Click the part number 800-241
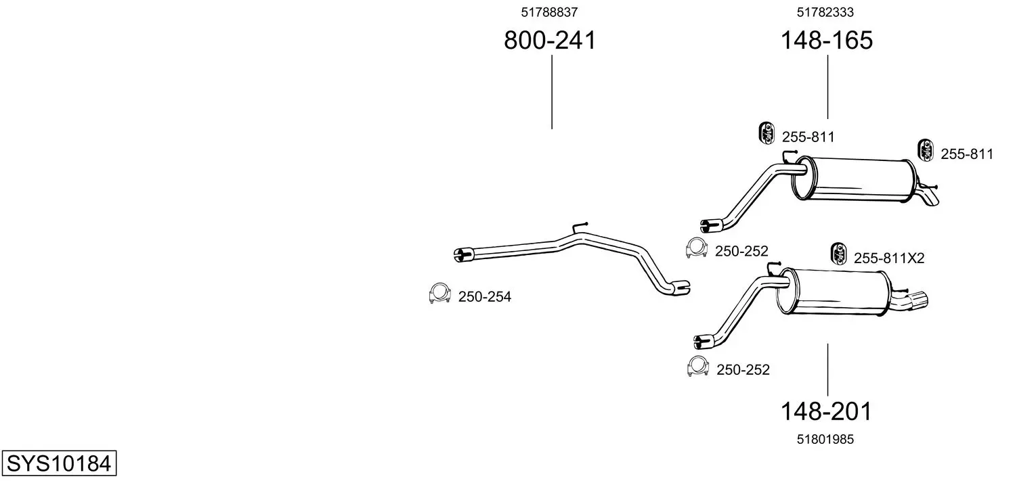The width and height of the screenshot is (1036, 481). coord(549,40)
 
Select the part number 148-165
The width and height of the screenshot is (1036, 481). coord(827,40)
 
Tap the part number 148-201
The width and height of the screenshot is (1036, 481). coord(826,411)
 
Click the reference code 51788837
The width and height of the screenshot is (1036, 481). coord(549,12)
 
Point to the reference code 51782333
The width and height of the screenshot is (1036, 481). coord(825,12)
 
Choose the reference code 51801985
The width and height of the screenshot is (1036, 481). coord(825,439)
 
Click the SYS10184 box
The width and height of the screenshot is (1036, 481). coord(59,463)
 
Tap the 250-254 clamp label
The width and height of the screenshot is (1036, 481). coord(485,296)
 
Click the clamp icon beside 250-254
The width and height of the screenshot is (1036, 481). coord(439,294)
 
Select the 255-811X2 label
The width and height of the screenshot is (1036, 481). coord(889,258)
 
